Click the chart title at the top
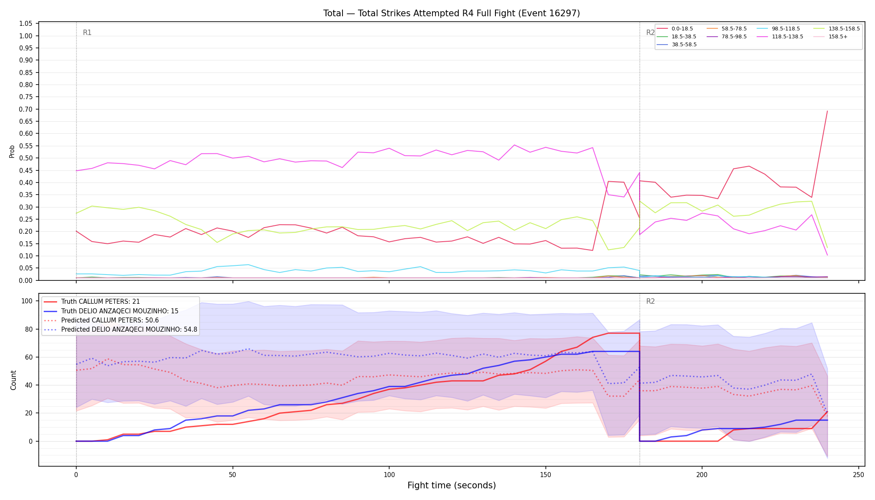click(452, 13)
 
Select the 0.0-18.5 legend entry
click(675, 29)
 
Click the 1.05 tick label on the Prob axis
click(26, 24)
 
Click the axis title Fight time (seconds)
click(452, 485)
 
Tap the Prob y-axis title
click(12, 151)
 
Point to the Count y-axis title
click(13, 380)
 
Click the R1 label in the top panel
click(87, 32)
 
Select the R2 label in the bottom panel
click(650, 301)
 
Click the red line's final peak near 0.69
click(827, 111)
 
